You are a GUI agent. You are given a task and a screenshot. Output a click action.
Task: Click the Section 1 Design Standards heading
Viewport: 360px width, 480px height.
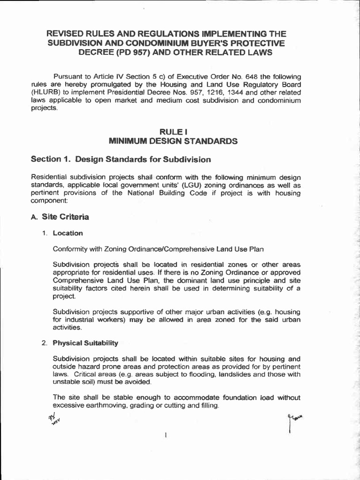[121, 159]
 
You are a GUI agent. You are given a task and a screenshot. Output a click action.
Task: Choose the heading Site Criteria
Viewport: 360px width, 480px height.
[65, 217]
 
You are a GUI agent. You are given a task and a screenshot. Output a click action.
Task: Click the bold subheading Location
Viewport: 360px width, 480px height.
[68, 233]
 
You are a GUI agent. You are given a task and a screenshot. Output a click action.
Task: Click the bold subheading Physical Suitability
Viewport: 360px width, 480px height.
[85, 343]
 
